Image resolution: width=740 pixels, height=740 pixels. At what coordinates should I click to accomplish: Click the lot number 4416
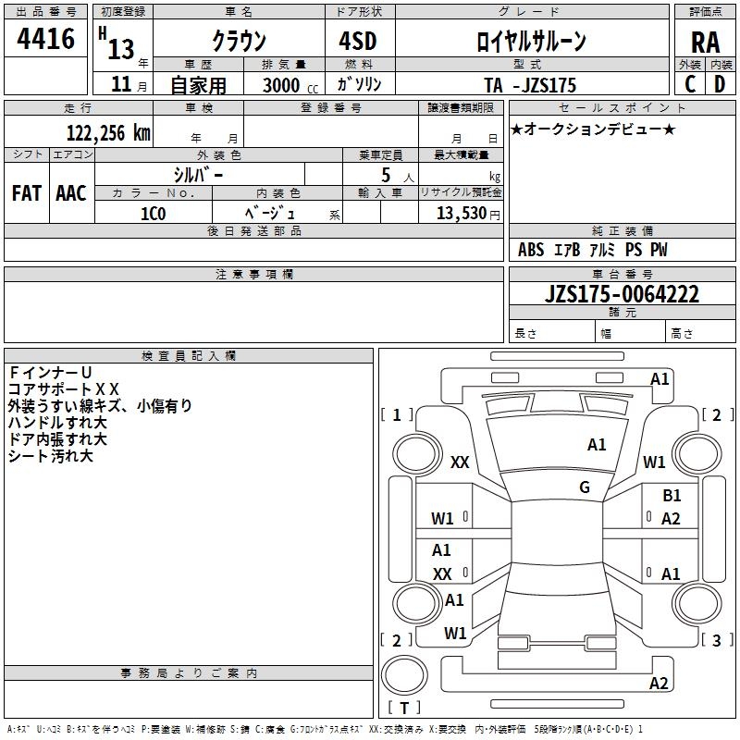(45, 39)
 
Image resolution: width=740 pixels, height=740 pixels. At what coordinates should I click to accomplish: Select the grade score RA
(705, 43)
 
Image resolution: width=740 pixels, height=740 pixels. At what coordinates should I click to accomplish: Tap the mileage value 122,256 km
(108, 133)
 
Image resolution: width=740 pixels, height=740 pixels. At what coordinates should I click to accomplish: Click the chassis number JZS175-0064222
(622, 294)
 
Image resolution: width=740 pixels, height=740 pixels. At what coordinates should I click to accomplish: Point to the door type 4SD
(358, 41)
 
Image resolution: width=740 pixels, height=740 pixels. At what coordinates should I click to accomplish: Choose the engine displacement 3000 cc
(290, 85)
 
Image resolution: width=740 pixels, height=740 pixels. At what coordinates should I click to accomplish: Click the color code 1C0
(153, 214)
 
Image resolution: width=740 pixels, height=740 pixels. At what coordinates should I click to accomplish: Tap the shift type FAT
(27, 193)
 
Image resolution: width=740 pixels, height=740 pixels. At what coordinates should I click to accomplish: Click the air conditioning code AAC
(71, 193)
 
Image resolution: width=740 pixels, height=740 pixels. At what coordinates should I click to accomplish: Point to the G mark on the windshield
(585, 487)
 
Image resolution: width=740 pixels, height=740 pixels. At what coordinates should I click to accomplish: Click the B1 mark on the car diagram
(672, 496)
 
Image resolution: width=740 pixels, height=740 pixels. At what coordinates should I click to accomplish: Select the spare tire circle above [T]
(404, 675)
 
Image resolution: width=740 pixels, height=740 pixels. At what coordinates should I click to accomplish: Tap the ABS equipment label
(531, 250)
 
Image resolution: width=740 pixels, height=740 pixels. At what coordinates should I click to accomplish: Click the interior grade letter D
(720, 84)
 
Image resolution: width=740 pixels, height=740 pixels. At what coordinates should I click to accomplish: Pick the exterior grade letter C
(689, 84)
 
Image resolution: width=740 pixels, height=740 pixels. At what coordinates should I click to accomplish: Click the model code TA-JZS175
(530, 85)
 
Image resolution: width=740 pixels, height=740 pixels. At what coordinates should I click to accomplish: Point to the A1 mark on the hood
(597, 445)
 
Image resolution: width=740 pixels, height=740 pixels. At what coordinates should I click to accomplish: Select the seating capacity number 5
(386, 175)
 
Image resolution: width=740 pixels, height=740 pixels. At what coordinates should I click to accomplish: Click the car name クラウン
(239, 41)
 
